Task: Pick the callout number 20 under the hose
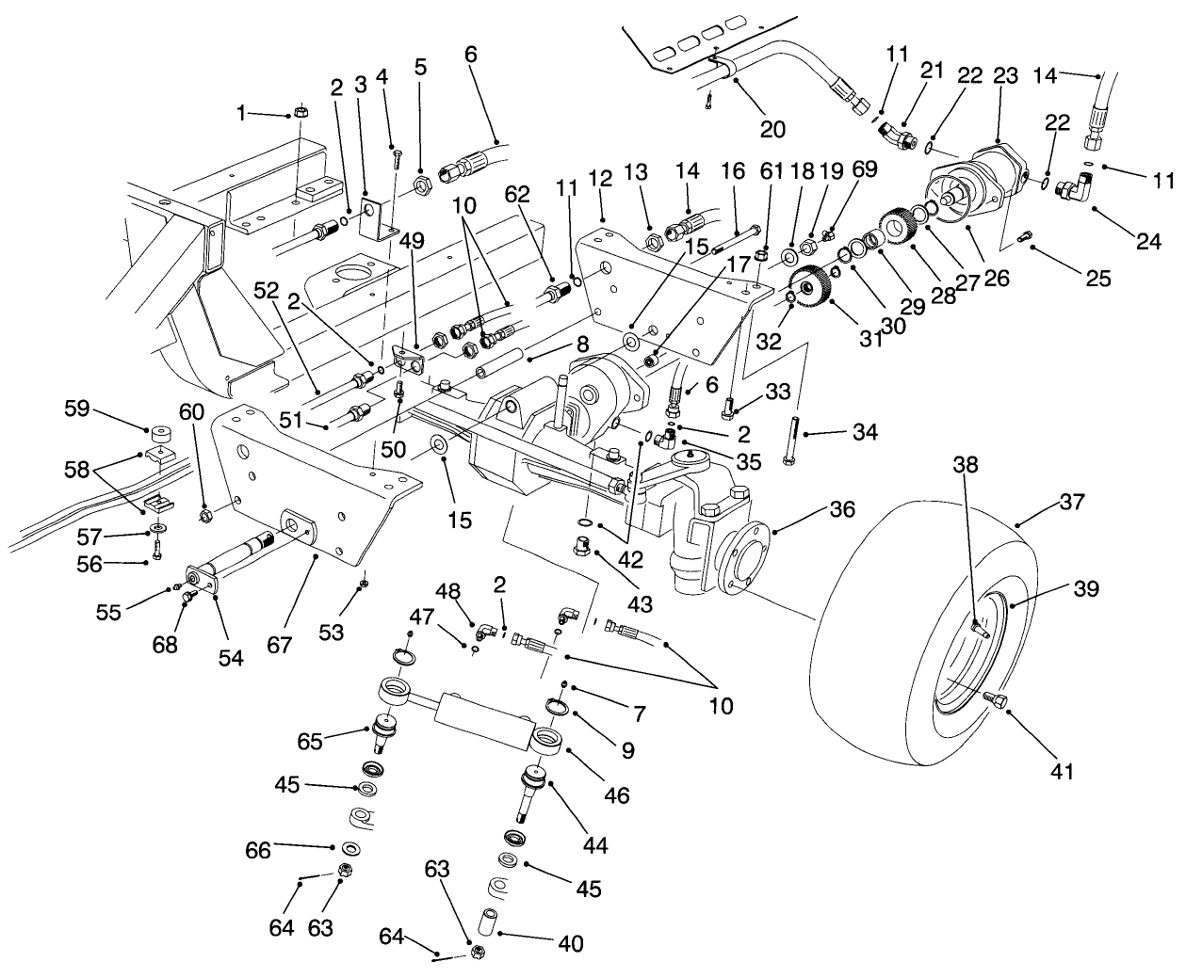772,129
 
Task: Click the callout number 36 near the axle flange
841,509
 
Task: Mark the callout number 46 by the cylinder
617,795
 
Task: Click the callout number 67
280,646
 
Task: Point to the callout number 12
600,178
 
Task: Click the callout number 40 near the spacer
570,942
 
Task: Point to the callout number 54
231,658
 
